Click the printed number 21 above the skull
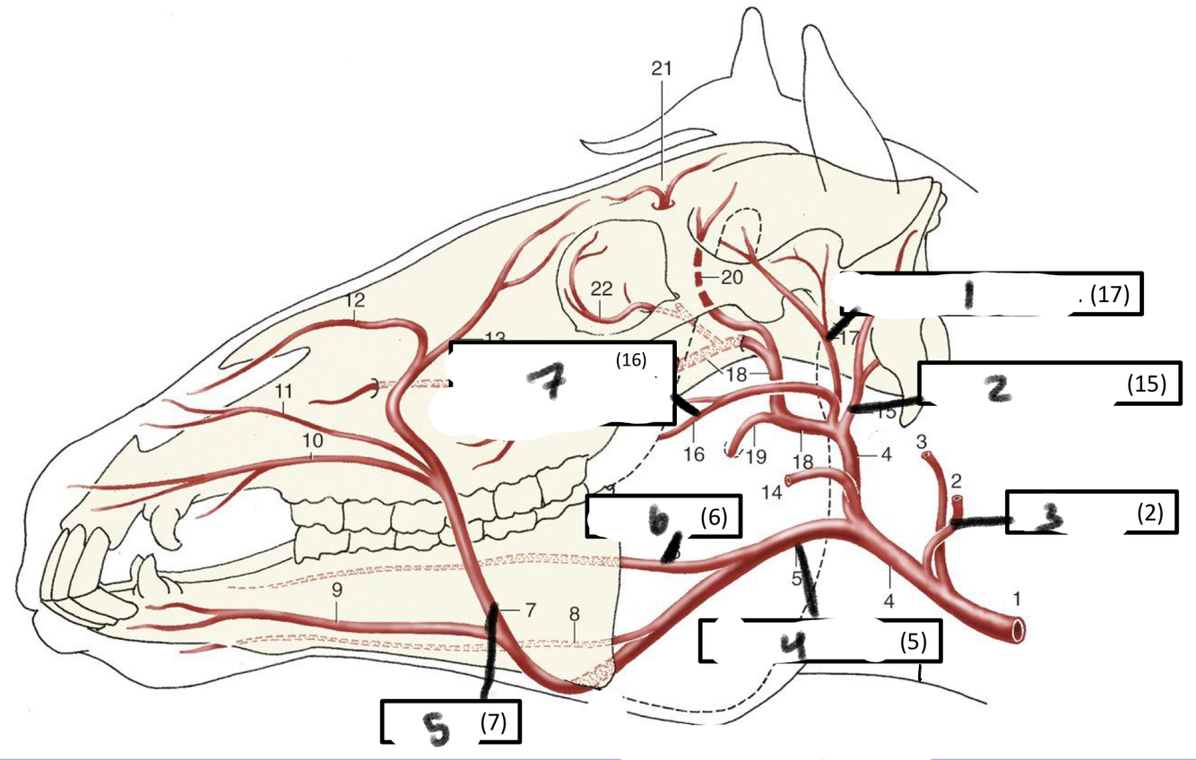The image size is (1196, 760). (x=663, y=68)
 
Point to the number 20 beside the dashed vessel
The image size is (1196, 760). (x=732, y=278)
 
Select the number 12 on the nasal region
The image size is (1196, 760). (x=356, y=300)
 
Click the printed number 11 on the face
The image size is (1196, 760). (x=284, y=392)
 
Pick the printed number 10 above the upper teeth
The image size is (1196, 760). (x=312, y=442)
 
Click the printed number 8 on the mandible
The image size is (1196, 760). (x=574, y=615)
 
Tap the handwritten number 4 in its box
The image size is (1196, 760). (x=790, y=644)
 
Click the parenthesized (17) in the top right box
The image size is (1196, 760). (x=1109, y=293)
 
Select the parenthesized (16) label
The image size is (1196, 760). (x=630, y=360)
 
